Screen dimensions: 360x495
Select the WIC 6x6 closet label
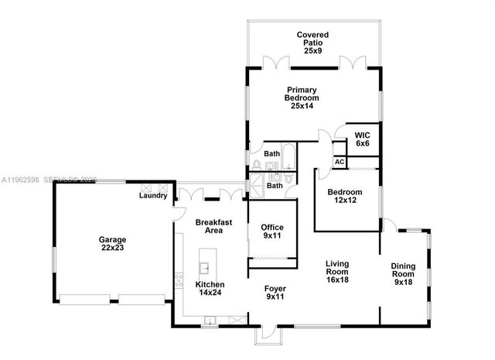point(363,137)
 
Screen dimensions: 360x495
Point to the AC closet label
point(339,162)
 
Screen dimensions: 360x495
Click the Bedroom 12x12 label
point(345,197)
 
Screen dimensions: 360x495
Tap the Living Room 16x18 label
point(336,272)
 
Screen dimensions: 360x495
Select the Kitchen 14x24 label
point(210,290)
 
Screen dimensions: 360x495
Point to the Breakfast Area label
point(209,226)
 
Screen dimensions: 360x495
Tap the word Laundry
point(153,196)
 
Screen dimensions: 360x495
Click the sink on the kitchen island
point(206,268)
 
